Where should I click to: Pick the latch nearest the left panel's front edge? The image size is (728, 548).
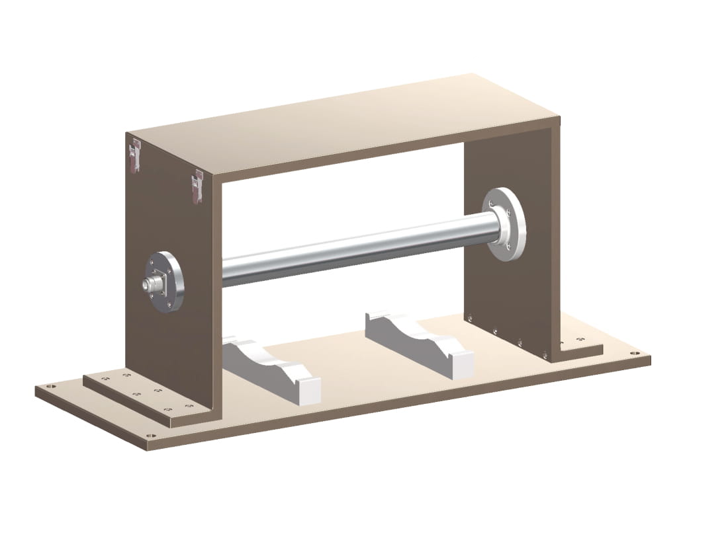point(196,186)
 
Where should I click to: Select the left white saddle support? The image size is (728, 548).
point(271,367)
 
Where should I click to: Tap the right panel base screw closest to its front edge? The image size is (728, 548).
point(545,354)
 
